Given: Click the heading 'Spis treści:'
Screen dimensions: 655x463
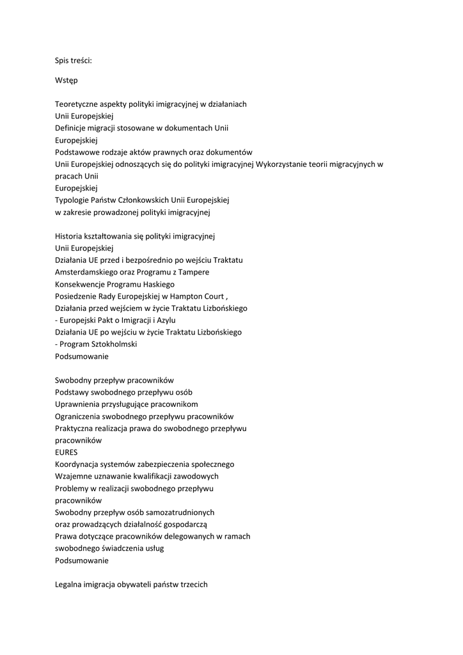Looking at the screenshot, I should [x=74, y=61].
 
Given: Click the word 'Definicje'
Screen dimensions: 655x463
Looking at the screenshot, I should [x=72, y=128].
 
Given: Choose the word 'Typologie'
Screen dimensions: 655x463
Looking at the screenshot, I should [x=73, y=200].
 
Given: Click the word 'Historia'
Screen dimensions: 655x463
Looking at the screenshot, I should [x=69, y=236].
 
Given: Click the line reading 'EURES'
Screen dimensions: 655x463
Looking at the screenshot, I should [x=67, y=452].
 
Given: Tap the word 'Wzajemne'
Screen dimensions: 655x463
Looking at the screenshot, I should [x=74, y=477].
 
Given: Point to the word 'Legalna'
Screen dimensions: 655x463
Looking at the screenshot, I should [x=70, y=585].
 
